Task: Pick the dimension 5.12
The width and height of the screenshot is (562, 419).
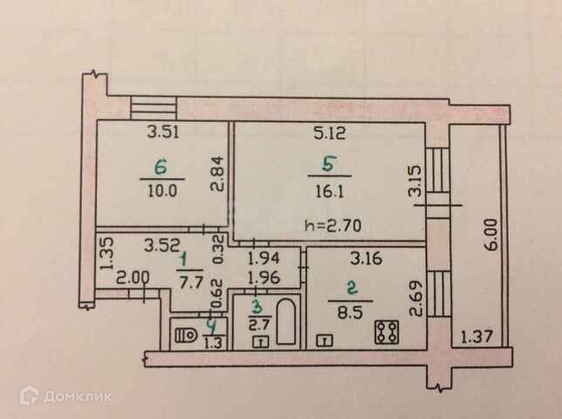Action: point(330,134)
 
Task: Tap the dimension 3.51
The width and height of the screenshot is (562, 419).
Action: point(161,134)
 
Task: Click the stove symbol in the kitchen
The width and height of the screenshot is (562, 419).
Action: point(386,331)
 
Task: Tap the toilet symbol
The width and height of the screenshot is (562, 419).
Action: point(185,332)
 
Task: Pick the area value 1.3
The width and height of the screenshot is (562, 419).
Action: point(212,342)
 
